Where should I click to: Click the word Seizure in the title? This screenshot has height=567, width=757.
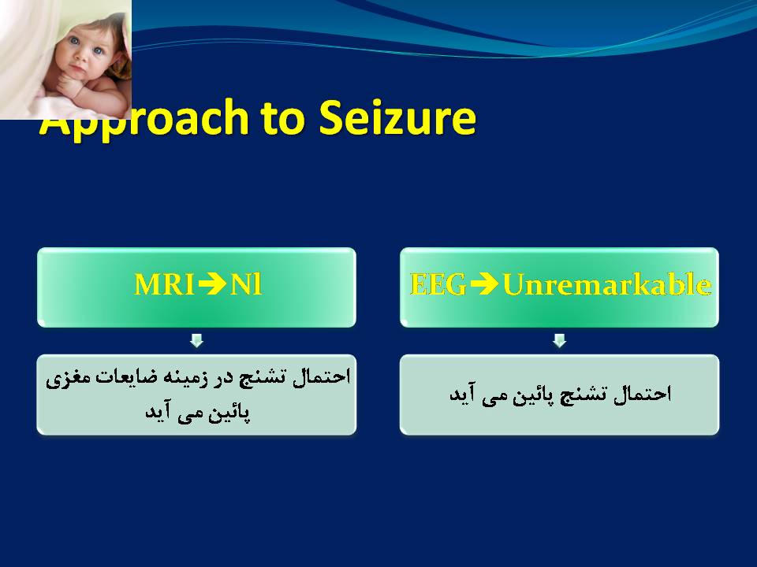tap(397, 117)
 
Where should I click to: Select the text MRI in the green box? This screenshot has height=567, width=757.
tap(164, 284)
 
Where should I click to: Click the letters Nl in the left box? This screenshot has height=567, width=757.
tap(246, 284)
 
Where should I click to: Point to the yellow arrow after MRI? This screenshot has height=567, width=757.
tap(212, 284)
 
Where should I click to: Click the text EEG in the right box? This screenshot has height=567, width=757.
tap(438, 284)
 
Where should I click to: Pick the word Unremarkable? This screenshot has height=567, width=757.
tap(607, 284)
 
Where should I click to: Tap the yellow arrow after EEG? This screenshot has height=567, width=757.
tap(484, 284)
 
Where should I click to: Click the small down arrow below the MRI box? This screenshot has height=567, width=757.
tap(196, 340)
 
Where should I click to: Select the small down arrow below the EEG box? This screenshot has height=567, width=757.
tap(559, 340)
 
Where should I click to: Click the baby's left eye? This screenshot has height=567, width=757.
tap(98, 50)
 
